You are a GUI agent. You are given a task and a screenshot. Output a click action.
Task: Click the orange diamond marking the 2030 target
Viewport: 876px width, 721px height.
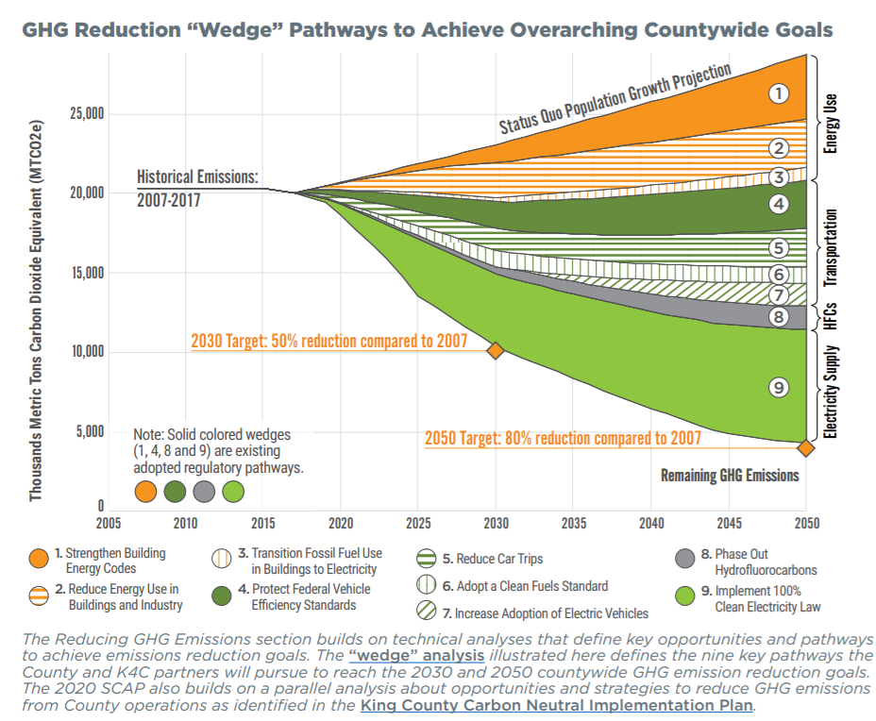pyautogui.click(x=495, y=351)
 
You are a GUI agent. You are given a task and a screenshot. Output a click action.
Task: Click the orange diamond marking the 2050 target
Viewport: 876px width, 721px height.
pyautogui.click(x=805, y=447)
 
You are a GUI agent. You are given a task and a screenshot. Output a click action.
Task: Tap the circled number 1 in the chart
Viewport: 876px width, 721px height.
pyautogui.click(x=778, y=92)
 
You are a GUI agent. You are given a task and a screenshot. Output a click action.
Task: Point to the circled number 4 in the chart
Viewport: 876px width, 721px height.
pyautogui.click(x=778, y=204)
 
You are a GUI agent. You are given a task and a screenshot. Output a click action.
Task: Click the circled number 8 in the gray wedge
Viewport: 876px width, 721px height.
pyautogui.click(x=778, y=317)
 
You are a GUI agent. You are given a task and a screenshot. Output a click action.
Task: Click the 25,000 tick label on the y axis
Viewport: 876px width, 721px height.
pyautogui.click(x=87, y=114)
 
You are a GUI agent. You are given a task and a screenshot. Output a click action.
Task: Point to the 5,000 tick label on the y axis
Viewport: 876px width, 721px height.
pyautogui.click(x=90, y=432)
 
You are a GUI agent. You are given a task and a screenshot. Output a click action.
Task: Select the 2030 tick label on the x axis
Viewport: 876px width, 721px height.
pyautogui.click(x=496, y=522)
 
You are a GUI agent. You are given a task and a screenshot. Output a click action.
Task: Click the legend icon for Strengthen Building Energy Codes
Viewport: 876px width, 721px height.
pyautogui.click(x=39, y=560)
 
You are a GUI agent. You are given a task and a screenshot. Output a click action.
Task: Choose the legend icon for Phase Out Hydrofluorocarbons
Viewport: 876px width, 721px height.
pyautogui.click(x=688, y=560)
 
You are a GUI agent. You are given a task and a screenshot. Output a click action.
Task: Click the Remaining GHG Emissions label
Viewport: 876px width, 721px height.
pyautogui.click(x=730, y=475)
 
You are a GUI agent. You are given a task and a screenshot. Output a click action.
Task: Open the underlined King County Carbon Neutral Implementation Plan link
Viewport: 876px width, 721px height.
pyautogui.click(x=556, y=704)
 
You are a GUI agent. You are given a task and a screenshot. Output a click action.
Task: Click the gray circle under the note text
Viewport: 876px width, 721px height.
pyautogui.click(x=204, y=491)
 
